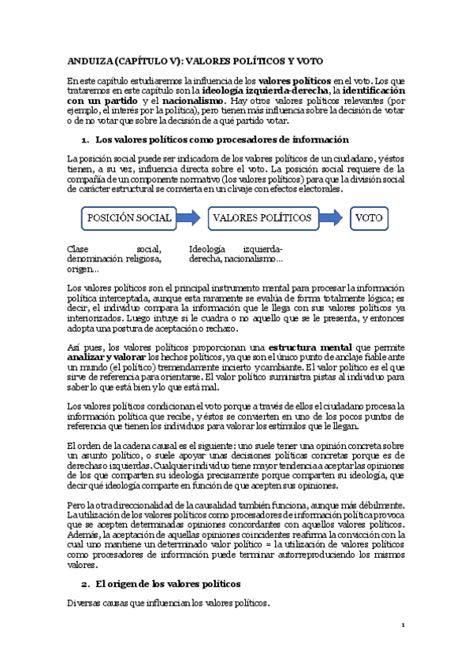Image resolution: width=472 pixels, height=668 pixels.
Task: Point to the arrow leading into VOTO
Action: pyautogui.click(x=333, y=217)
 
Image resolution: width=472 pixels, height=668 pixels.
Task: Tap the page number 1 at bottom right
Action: pyautogui.click(x=402, y=625)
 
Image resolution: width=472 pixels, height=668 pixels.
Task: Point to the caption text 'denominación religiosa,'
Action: pyautogui.click(x=115, y=258)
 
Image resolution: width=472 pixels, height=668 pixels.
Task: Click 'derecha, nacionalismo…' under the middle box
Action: pyautogui.click(x=236, y=258)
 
